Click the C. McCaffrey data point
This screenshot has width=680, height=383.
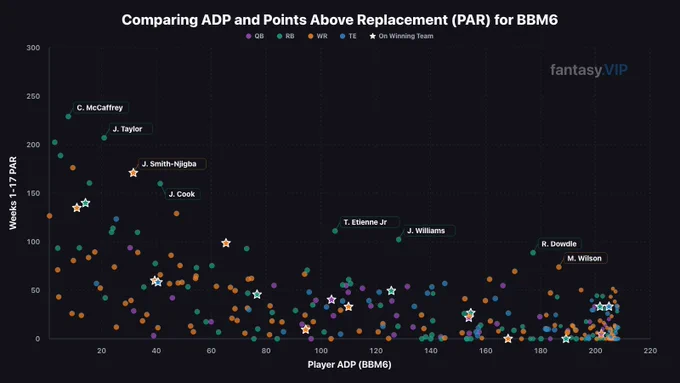(68, 116)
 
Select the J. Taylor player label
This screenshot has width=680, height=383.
(128, 129)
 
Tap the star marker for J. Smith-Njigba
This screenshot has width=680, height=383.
(133, 173)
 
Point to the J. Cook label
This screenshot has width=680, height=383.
(182, 194)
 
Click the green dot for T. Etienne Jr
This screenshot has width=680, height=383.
(335, 231)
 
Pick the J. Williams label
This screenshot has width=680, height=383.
(426, 231)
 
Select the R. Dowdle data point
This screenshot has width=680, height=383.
(533, 252)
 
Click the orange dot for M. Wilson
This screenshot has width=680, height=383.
(559, 267)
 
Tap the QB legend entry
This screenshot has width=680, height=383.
(255, 36)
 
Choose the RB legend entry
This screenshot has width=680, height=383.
(286, 36)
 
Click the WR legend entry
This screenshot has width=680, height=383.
(318, 36)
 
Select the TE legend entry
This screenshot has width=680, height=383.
(348, 36)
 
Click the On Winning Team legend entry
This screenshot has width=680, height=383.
(402, 36)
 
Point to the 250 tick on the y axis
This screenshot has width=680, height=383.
(33, 96)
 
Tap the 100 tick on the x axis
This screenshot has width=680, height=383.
(321, 350)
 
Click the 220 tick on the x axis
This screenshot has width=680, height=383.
(650, 350)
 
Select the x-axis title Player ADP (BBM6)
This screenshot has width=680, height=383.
(350, 364)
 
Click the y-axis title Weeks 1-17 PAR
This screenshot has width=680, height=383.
(13, 193)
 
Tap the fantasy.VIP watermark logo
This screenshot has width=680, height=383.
(589, 70)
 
